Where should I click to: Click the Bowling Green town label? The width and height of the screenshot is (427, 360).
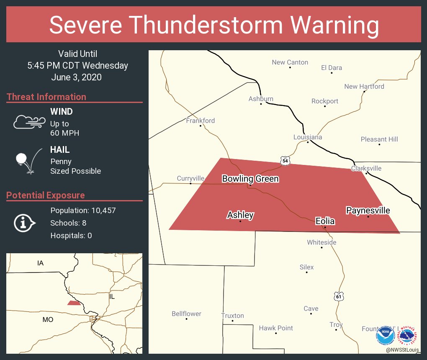click(250, 179)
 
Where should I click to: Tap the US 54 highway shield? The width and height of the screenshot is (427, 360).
click(285, 161)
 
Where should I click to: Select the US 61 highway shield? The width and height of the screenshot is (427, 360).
click(339, 296)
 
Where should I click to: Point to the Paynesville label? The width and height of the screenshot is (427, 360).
click(368, 210)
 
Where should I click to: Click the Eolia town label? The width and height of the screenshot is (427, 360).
click(325, 221)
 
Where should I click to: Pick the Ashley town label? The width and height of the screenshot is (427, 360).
click(240, 215)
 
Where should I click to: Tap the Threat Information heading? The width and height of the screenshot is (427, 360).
click(46, 97)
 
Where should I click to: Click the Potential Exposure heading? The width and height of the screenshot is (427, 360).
click(46, 195)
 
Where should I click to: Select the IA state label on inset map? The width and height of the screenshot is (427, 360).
click(40, 263)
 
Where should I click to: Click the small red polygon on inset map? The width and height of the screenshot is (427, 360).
click(74, 303)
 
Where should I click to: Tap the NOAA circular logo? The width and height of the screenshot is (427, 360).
click(385, 336)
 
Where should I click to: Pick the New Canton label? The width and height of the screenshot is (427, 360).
click(290, 62)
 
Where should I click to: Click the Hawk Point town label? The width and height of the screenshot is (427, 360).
click(276, 328)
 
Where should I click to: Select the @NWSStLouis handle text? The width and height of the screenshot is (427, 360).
click(403, 350)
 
